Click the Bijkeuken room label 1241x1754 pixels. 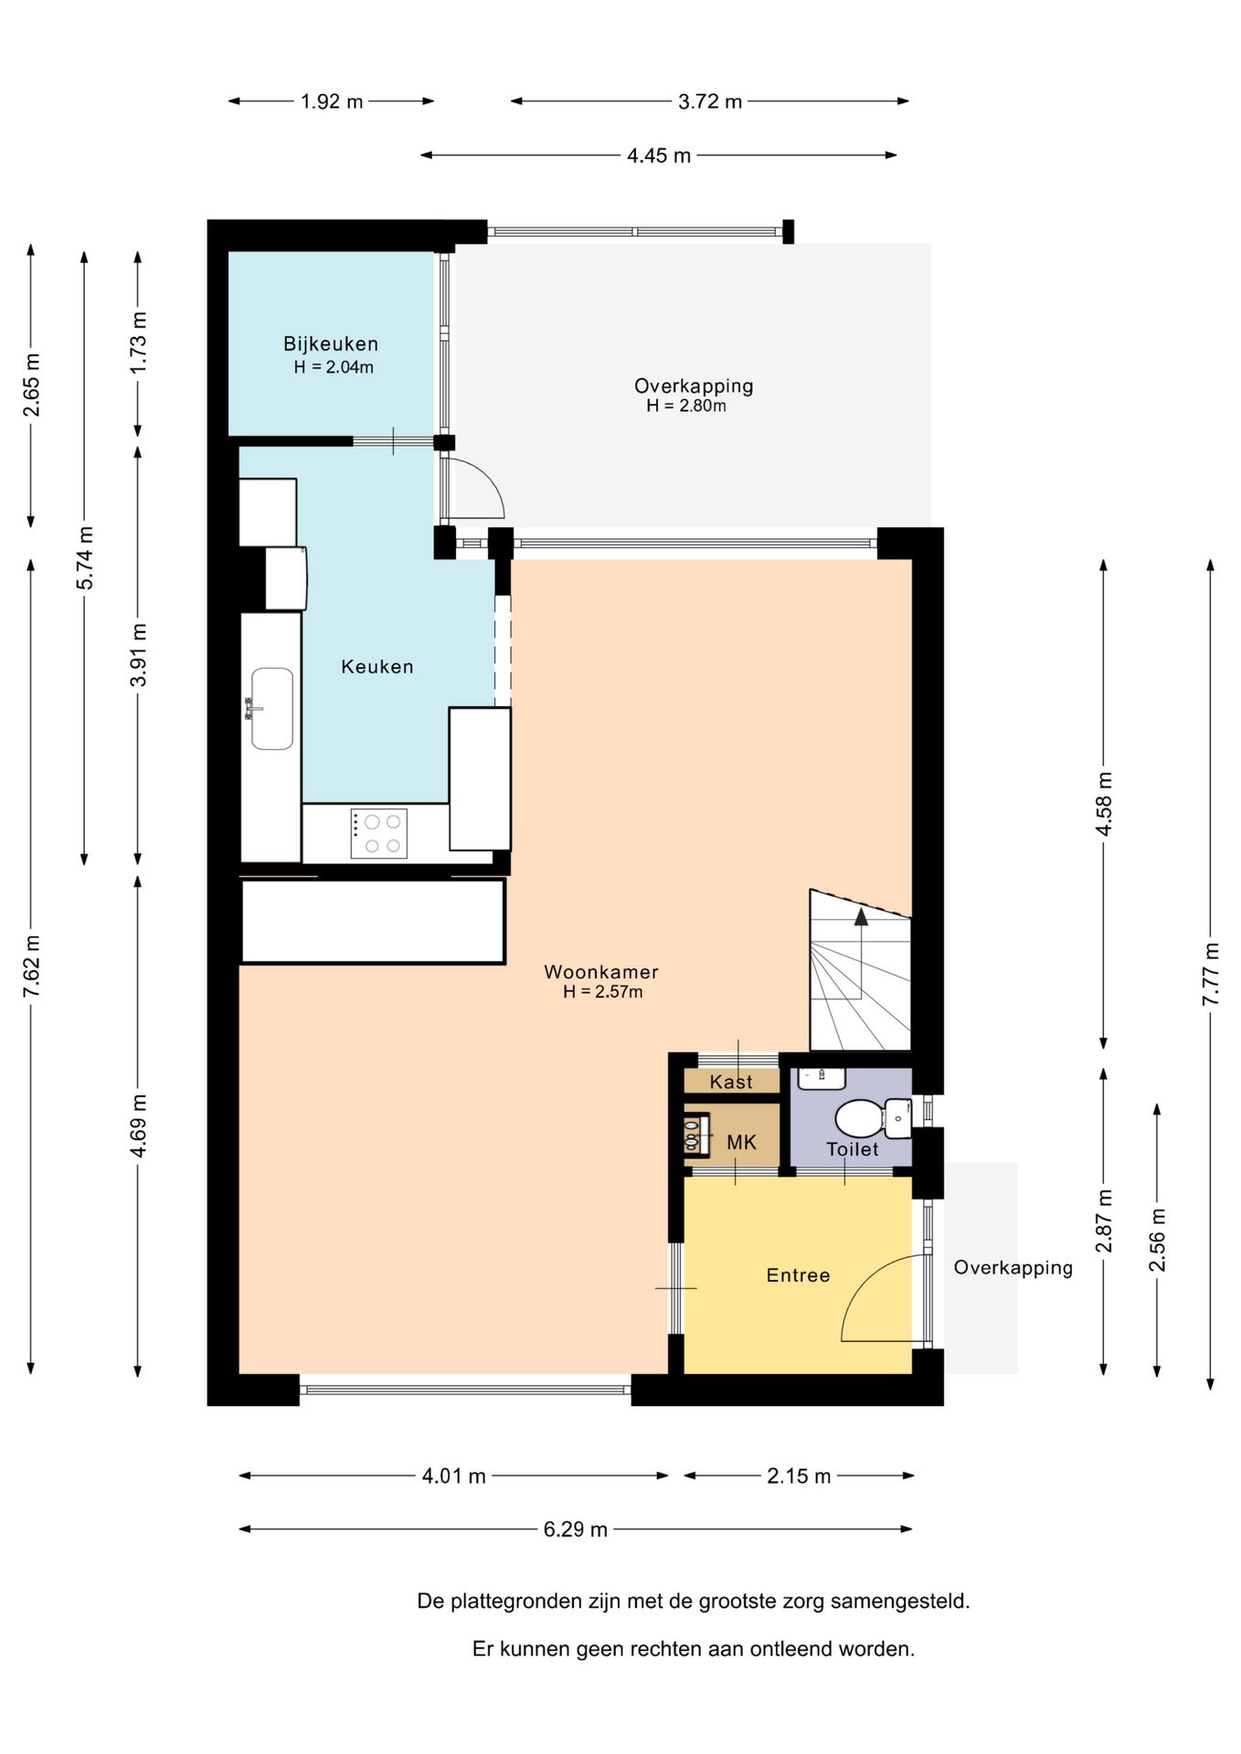pos(330,344)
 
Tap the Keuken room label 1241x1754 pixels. pos(377,667)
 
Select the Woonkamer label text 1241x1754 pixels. pos(600,972)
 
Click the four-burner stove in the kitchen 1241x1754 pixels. pos(378,833)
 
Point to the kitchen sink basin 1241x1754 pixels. pos(272,709)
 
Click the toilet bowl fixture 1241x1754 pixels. pos(873,1119)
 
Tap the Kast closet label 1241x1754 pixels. pos(731,1082)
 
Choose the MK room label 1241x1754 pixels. pos(741,1142)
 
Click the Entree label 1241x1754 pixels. pos(798,1275)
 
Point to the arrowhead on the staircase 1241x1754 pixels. pos(861,916)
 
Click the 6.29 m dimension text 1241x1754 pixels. pos(575,1529)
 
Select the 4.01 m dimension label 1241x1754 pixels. pos(453,1475)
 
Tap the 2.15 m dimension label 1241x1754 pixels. pos(799,1475)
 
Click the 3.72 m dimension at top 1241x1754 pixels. pos(709,101)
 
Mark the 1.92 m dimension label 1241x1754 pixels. pos(332,101)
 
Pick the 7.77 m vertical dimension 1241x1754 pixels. pos(1210,974)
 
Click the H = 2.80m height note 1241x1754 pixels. pos(685,406)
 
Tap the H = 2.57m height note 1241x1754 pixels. pos(602,992)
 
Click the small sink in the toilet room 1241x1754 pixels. pos(822,1078)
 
